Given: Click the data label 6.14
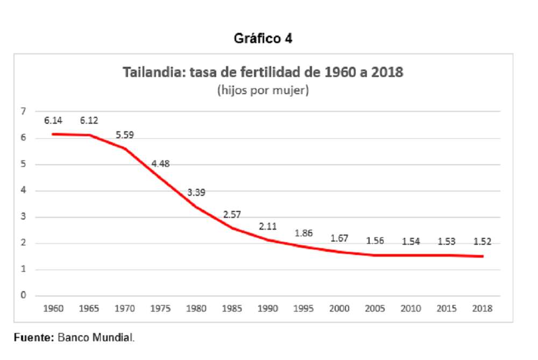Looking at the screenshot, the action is [53, 121].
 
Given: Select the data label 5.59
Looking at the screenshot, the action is [125, 135].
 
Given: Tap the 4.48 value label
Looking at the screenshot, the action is [160, 164].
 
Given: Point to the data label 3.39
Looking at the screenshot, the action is [196, 193].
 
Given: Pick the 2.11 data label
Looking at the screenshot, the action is [267, 227].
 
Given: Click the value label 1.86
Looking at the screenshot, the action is [303, 234].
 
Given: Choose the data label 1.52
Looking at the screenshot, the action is [483, 242].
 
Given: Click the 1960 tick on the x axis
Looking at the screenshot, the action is [53, 308].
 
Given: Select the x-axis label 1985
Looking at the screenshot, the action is [232, 308].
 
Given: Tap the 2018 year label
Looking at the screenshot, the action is [483, 308].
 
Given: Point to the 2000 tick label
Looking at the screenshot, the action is [339, 308].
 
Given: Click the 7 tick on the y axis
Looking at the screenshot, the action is [23, 111].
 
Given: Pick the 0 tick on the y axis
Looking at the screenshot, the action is [23, 295].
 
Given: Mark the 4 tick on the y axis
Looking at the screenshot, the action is [23, 190].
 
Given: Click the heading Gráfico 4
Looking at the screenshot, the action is [263, 38].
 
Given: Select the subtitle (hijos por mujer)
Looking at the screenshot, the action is [263, 90].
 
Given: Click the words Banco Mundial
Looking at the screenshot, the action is [96, 338].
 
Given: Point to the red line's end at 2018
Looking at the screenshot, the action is [483, 256].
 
